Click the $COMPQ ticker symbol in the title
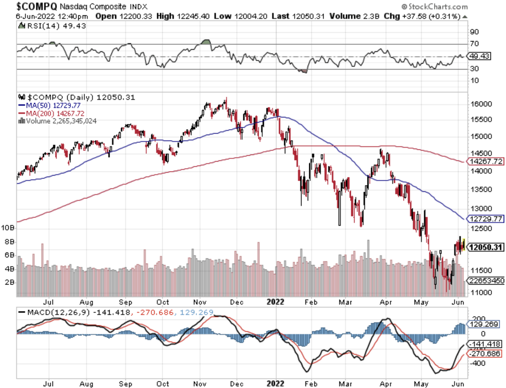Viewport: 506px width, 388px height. pyautogui.click(x=36, y=6)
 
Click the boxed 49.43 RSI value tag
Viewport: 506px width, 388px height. pyautogui.click(x=479, y=56)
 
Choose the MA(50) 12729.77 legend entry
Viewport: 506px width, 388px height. pyautogui.click(x=49, y=105)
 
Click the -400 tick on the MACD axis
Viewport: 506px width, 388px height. pyautogui.click(x=476, y=363)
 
